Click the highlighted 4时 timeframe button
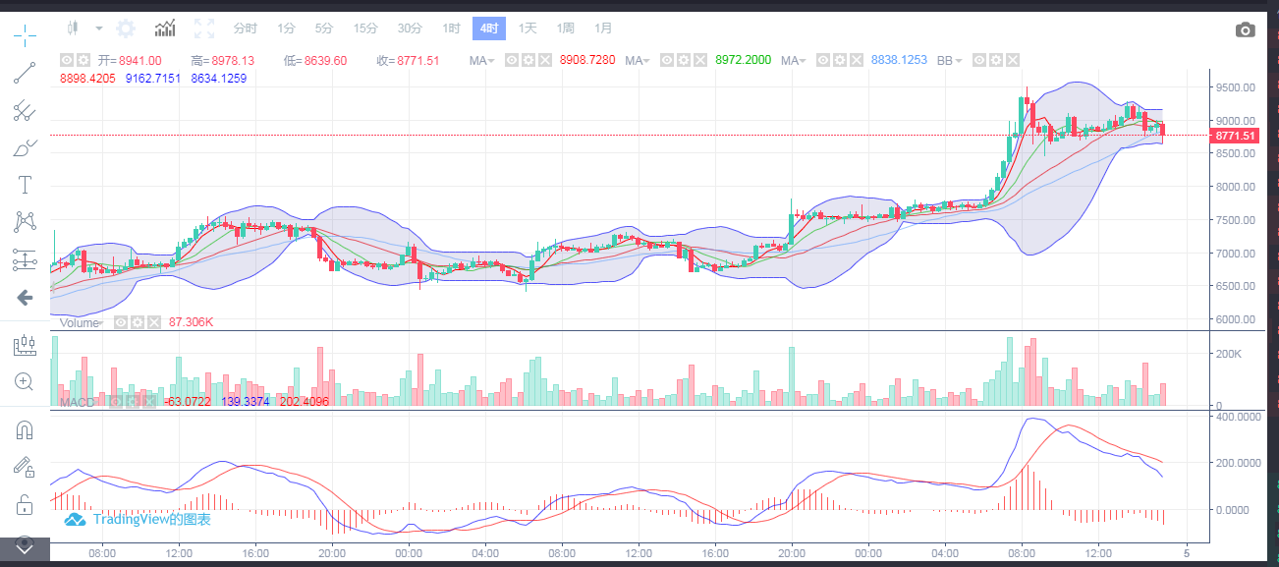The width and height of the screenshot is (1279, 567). (x=488, y=28)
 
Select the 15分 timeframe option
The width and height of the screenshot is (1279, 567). (x=365, y=28)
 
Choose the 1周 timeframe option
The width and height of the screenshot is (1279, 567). (x=565, y=28)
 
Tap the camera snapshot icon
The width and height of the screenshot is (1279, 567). (x=1245, y=29)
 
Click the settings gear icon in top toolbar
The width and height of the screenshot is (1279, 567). (x=126, y=28)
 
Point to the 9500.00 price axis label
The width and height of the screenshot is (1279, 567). (x=1234, y=87)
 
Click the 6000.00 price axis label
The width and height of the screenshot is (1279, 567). (x=1234, y=319)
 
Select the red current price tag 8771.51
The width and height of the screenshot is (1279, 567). (x=1235, y=136)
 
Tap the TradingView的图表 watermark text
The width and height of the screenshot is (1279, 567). (x=151, y=519)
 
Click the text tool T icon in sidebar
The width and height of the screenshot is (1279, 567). (x=25, y=185)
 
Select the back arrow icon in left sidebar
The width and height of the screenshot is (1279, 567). (x=25, y=297)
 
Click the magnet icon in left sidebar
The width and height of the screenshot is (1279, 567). (x=25, y=430)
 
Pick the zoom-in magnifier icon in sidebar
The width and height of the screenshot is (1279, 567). (x=25, y=381)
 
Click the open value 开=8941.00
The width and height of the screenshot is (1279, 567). (x=129, y=61)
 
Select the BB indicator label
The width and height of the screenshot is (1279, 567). (x=945, y=61)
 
